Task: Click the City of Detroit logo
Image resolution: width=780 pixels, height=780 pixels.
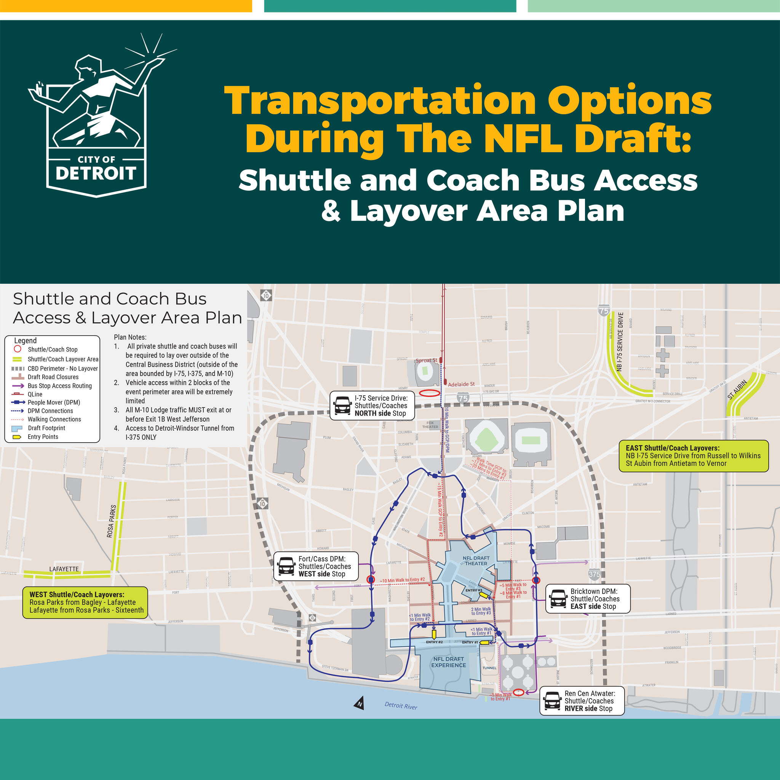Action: click(x=96, y=117)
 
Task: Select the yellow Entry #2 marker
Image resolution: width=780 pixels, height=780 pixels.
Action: click(x=434, y=635)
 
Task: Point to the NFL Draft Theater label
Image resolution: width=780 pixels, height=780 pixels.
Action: click(x=476, y=561)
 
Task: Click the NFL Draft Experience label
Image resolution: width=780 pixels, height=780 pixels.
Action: click(x=449, y=662)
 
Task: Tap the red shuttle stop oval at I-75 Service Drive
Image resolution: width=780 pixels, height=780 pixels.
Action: click(x=429, y=393)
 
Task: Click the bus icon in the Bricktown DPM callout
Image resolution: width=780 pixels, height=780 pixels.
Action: click(x=559, y=599)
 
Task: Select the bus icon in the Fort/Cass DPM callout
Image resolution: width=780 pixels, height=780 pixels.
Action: click(x=287, y=566)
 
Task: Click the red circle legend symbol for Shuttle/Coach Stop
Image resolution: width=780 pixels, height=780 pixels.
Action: click(x=18, y=349)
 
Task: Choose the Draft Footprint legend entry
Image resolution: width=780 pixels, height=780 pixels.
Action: click(x=46, y=428)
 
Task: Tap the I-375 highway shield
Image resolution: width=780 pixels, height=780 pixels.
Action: click(x=594, y=574)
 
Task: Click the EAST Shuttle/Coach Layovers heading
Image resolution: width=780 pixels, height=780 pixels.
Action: click(x=673, y=448)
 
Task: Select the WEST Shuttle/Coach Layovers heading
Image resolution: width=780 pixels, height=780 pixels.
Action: click(x=77, y=594)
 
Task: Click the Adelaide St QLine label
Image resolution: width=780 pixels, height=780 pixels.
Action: click(x=461, y=384)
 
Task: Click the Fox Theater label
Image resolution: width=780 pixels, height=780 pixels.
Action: click(x=430, y=425)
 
